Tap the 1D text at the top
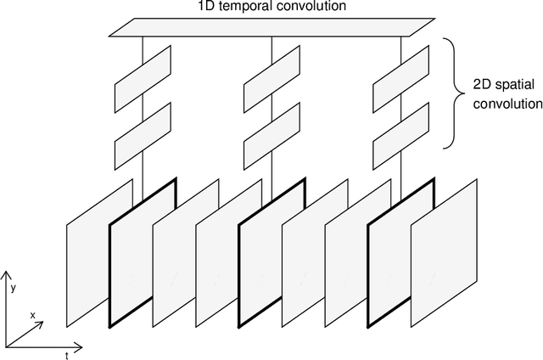point(204,8)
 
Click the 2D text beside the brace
point(482,86)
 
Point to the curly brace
point(457,93)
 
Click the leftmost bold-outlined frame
point(143,255)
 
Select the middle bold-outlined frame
point(271,255)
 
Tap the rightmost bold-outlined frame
point(401,255)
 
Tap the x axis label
point(32,315)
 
